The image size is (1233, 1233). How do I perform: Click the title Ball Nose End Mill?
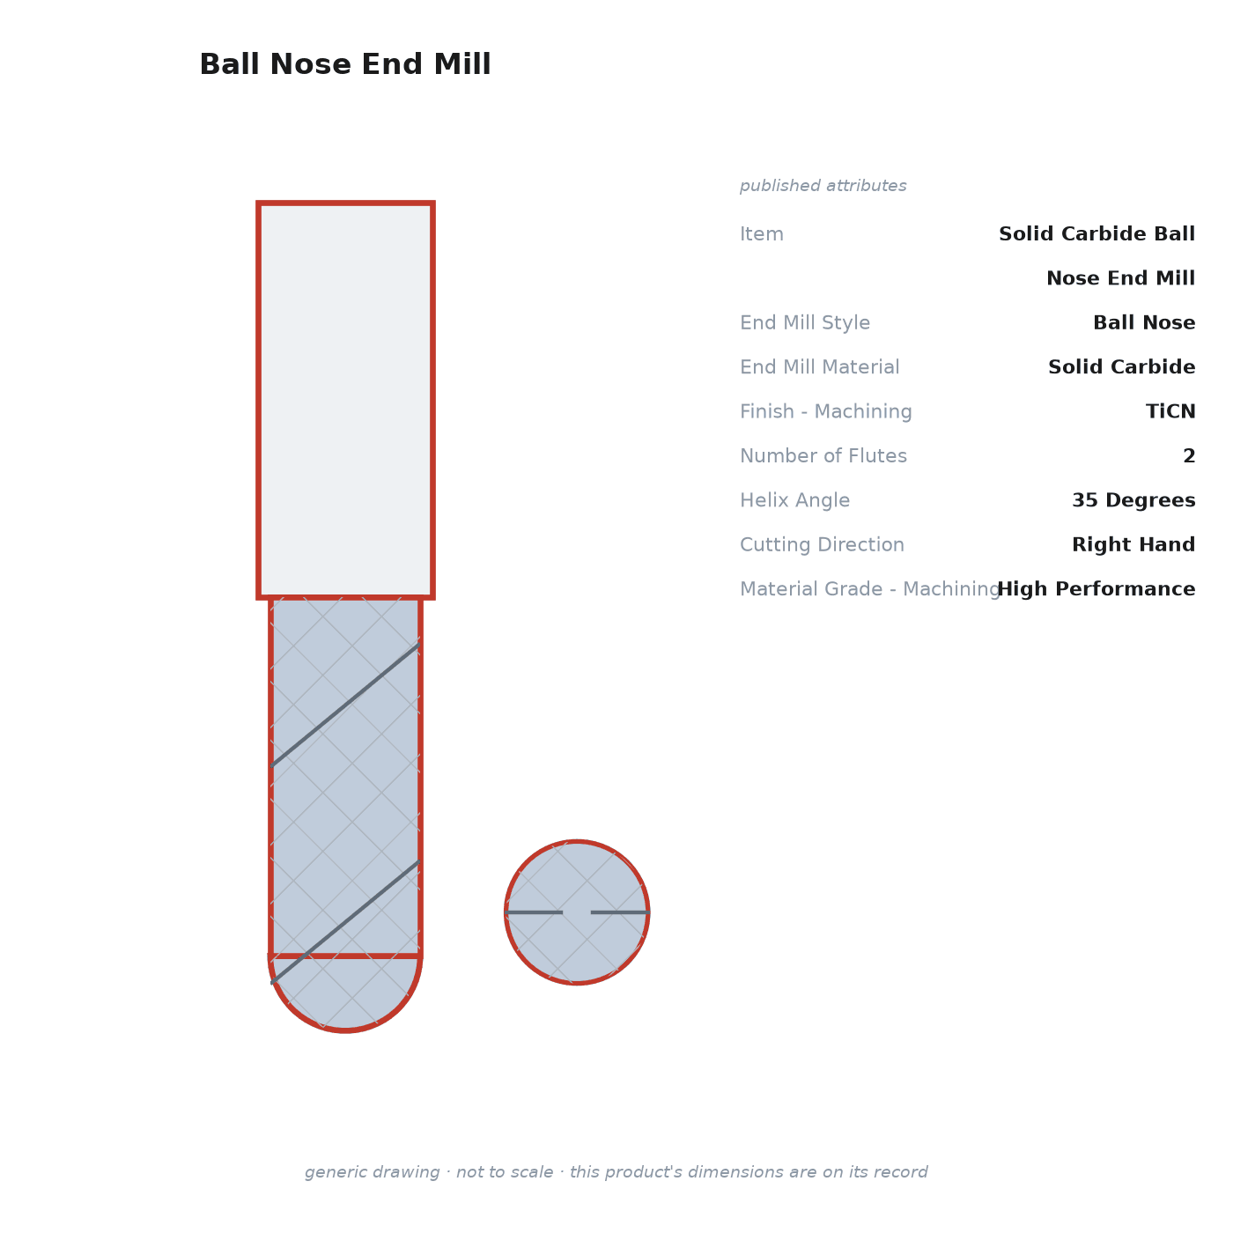coord(345,64)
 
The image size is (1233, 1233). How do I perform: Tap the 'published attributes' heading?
coord(823,186)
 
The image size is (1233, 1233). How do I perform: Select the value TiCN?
coord(1170,411)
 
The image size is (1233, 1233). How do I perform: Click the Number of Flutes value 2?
coord(1189,455)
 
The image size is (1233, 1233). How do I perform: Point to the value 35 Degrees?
coord(1133,500)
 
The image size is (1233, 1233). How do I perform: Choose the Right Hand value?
coord(1133,544)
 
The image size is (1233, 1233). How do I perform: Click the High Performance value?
coord(1096,588)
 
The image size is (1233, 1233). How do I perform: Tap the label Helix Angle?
coord(794,500)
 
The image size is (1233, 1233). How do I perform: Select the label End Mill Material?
coord(819,367)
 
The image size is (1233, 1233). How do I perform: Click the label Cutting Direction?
coord(822,544)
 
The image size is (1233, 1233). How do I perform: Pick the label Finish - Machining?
coord(825,411)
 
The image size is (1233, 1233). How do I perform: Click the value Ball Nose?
coord(1143,322)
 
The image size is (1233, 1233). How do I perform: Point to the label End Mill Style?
coord(804,322)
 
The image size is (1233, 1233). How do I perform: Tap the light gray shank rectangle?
coord(345,400)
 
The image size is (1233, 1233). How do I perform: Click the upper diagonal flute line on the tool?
coord(345,705)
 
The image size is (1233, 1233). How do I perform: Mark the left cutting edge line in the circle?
coord(534,912)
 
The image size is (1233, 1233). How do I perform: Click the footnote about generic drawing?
coord(616,1171)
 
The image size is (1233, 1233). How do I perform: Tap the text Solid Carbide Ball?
coord(1096,233)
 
